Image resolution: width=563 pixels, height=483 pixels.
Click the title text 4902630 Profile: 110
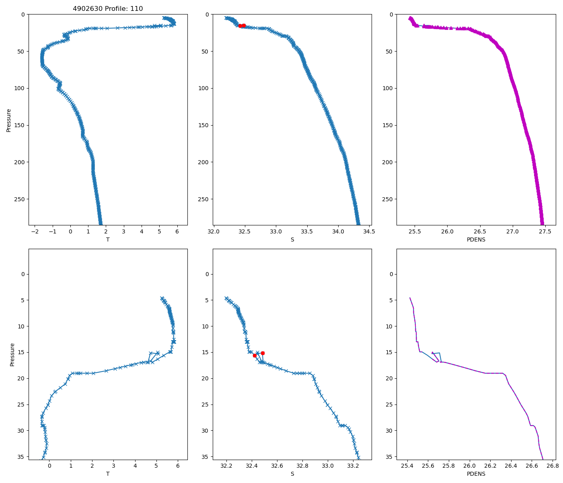tap(108, 8)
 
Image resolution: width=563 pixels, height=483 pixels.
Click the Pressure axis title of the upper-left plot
tap(9, 120)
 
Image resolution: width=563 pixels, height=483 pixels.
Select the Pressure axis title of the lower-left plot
tap(12, 355)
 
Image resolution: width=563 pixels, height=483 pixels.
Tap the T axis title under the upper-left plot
tap(108, 239)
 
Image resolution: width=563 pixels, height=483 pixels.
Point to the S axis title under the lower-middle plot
tap(292, 474)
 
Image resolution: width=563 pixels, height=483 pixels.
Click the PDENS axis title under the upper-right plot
tap(476, 239)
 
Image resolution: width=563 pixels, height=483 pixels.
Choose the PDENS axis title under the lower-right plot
tap(476, 474)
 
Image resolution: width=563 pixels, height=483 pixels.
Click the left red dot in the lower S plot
tap(255, 355)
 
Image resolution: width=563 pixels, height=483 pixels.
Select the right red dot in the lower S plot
tap(263, 353)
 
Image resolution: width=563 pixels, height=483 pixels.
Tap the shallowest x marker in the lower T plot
tap(162, 298)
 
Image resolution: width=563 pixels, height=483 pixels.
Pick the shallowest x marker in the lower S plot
tap(226, 298)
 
